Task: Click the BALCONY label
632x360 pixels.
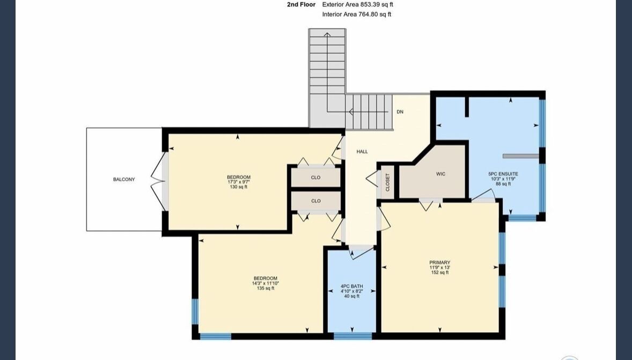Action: [x=124, y=179]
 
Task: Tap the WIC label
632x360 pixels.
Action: [x=440, y=174]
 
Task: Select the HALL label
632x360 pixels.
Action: [x=362, y=152]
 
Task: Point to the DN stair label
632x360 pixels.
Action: [x=400, y=112]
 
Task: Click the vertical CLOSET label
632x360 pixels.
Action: [x=388, y=182]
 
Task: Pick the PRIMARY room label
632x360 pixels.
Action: [x=440, y=262]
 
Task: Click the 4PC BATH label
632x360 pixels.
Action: [x=352, y=286]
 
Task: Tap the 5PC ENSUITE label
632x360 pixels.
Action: [x=503, y=174]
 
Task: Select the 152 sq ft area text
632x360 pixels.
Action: [x=440, y=273]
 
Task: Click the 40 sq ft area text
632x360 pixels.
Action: [x=352, y=296]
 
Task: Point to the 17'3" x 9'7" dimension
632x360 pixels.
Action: [x=239, y=182]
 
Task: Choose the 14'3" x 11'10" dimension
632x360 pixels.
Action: [x=265, y=283]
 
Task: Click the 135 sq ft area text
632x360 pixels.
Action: [x=265, y=288]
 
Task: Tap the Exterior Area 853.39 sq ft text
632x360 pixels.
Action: [x=357, y=5]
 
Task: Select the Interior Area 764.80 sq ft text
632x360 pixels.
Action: [x=357, y=14]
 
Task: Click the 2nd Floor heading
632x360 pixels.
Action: [x=301, y=5]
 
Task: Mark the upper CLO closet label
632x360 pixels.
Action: [x=315, y=178]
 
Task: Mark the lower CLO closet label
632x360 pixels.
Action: [x=315, y=201]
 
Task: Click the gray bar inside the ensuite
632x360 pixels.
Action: [x=520, y=156]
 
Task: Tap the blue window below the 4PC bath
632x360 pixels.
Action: [x=352, y=335]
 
